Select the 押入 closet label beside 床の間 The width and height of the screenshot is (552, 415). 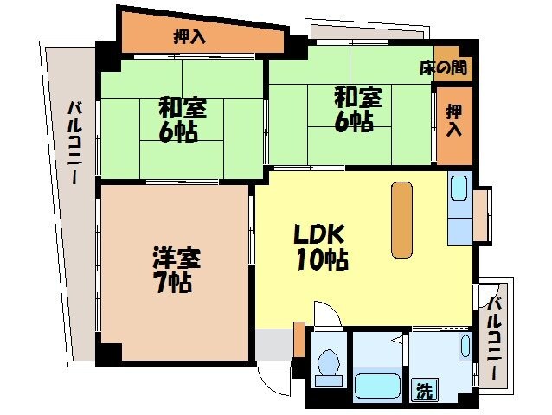[x=453, y=120]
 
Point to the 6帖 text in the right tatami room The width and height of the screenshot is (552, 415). [x=355, y=122]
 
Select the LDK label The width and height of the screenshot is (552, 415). [x=319, y=234]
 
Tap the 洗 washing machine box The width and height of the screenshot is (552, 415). [x=424, y=389]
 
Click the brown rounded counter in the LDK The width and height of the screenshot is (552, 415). [x=401, y=219]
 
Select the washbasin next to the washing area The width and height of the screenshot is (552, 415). [x=465, y=349]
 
